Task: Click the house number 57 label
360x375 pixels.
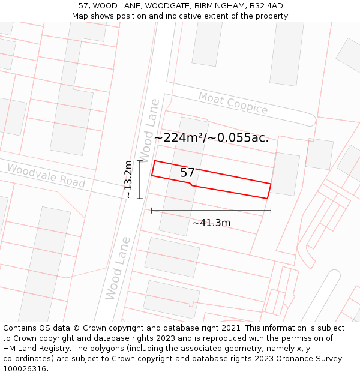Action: click(x=187, y=173)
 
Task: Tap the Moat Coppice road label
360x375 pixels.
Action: click(x=233, y=103)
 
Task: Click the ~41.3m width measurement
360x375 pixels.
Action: click(x=211, y=223)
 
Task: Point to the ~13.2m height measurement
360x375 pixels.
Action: click(x=128, y=179)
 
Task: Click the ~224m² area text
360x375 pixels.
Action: click(x=178, y=137)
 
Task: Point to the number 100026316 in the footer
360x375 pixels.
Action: click(x=25, y=369)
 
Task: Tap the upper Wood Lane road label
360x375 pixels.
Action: click(x=149, y=127)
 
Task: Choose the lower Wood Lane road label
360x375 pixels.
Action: click(x=118, y=268)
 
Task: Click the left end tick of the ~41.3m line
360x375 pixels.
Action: click(x=152, y=211)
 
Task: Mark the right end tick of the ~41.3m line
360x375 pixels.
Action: click(x=271, y=211)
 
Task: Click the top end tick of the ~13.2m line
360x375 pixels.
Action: click(x=140, y=161)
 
